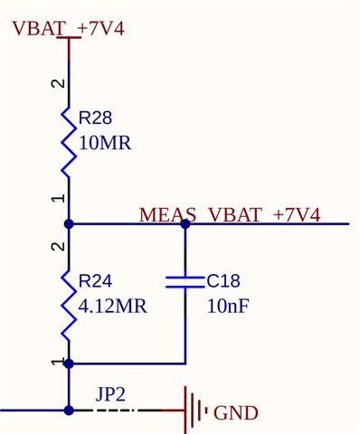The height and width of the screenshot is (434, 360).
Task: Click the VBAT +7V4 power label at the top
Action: (68, 29)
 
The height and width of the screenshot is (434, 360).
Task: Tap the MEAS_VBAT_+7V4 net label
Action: (230, 215)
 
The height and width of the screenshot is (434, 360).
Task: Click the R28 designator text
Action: (95, 118)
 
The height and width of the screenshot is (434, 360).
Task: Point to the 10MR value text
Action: (105, 143)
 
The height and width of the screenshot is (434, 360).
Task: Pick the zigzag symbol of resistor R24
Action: (69, 303)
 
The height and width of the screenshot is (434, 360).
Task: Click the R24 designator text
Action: (95, 281)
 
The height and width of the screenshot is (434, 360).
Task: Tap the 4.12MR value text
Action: (112, 307)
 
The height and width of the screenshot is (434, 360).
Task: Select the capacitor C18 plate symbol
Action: (185, 282)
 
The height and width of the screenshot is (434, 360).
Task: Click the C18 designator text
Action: (223, 281)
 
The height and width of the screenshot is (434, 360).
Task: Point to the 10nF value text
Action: (227, 307)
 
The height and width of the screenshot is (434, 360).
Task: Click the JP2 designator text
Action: (110, 394)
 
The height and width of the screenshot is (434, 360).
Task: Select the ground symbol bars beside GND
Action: (195, 410)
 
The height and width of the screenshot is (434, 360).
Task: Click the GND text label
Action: (236, 413)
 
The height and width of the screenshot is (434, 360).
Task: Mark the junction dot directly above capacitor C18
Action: (185, 223)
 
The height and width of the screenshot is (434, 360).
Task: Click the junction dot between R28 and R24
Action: (69, 223)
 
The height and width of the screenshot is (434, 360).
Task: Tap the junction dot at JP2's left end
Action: (69, 410)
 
